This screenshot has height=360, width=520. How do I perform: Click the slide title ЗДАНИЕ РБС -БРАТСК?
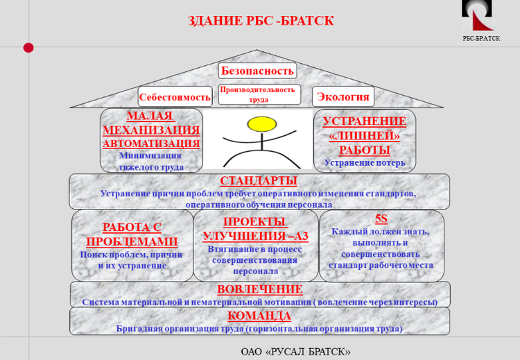tap(261, 21)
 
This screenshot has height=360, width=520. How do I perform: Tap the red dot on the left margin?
tap(28, 48)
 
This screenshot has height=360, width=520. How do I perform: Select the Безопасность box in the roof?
tap(257, 71)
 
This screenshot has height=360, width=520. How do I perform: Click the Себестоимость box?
tap(175, 96)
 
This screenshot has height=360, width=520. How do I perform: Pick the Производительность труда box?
tap(259, 94)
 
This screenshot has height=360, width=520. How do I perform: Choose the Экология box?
tap(343, 96)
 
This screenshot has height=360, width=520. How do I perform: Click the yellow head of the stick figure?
tap(262, 124)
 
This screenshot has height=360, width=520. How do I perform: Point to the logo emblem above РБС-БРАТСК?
tap(477, 15)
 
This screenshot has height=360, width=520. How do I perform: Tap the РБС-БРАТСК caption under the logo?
tap(481, 38)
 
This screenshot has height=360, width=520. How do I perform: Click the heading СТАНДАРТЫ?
tap(259, 181)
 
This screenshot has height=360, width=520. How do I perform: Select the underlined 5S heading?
tap(381, 219)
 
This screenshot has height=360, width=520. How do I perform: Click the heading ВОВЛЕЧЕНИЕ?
tap(260, 289)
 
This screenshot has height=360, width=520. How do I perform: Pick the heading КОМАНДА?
tap(259, 316)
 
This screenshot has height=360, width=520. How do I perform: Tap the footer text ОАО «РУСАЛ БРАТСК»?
tap(295, 352)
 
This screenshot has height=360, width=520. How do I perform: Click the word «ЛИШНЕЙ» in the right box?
tap(365, 136)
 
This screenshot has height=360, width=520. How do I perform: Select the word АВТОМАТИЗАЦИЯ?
tap(151, 144)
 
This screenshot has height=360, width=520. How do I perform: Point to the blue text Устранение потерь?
tap(365, 163)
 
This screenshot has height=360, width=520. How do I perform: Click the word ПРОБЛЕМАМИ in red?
tap(132, 241)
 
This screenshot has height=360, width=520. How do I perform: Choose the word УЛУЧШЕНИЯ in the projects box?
tap(244, 236)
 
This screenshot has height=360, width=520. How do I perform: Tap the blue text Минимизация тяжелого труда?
tap(151, 161)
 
